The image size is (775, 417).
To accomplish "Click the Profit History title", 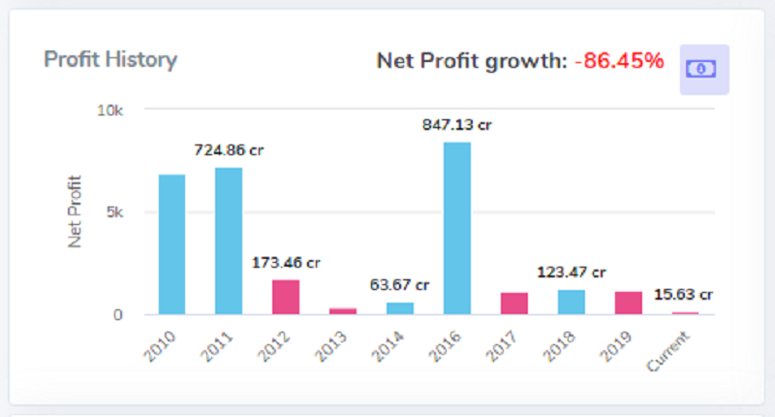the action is click(x=110, y=60).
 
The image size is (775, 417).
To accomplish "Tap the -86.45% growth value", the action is click(x=619, y=61).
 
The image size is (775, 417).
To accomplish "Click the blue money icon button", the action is click(x=704, y=69).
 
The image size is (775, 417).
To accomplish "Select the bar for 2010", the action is click(x=172, y=244).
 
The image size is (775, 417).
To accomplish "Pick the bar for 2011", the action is click(x=229, y=241).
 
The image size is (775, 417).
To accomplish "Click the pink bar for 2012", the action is click(x=286, y=298).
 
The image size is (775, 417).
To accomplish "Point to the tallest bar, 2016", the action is click(x=457, y=229).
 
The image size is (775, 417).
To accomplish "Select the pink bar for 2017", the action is click(x=514, y=304).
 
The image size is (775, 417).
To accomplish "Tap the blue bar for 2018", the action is click(x=572, y=303).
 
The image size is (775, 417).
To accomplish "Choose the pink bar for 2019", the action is click(x=628, y=304).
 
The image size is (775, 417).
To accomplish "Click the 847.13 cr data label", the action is click(x=456, y=125).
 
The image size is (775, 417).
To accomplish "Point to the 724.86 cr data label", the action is click(x=229, y=150).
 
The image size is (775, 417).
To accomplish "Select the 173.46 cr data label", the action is click(x=286, y=262).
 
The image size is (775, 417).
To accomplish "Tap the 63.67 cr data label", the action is click(x=399, y=285).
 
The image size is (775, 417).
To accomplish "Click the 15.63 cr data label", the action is click(x=683, y=294).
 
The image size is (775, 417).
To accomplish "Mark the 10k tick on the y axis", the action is click(x=109, y=111).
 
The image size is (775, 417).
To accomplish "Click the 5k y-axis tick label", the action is click(x=114, y=212).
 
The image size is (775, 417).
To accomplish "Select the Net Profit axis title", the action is click(x=75, y=211).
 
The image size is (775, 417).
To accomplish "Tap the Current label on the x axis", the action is click(x=668, y=351).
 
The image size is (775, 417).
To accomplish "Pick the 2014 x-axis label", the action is click(x=388, y=346).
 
